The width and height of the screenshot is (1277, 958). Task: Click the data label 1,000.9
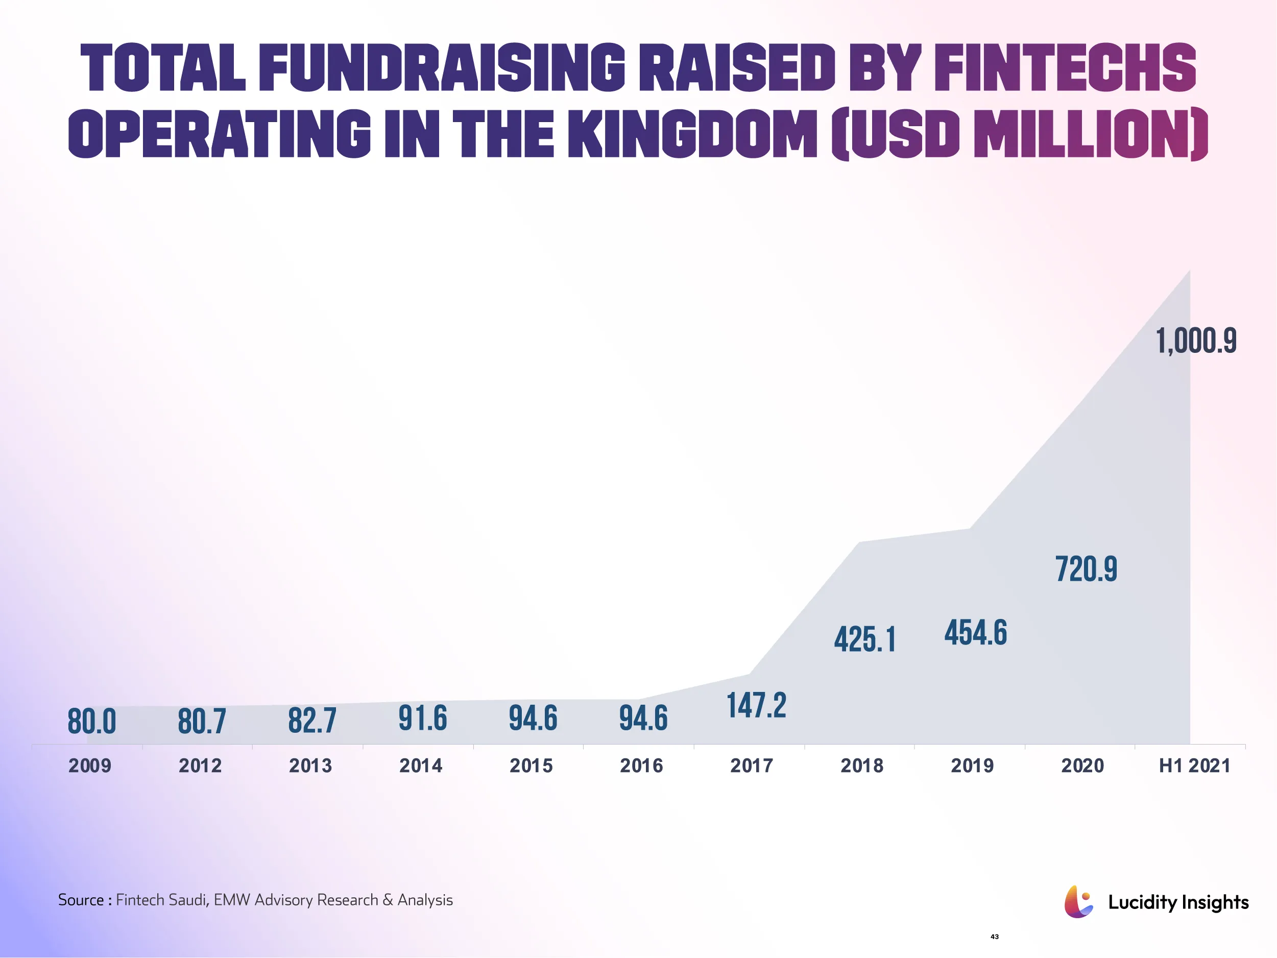(1196, 341)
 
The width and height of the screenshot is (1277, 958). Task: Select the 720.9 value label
(1086, 569)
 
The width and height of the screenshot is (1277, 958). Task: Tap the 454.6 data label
(976, 632)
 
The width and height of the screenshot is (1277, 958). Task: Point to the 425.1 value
(865, 640)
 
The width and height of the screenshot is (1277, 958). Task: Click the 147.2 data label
(756, 706)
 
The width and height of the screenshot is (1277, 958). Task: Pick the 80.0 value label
(92, 722)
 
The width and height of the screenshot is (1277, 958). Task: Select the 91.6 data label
(423, 719)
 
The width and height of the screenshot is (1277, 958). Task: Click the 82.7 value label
(312, 721)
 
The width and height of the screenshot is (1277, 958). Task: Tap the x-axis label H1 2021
(1194, 765)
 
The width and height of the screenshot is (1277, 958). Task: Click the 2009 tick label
(90, 765)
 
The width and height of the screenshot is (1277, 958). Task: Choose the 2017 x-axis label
(752, 765)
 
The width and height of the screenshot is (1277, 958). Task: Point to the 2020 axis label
(1082, 765)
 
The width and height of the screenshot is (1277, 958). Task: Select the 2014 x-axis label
(421, 765)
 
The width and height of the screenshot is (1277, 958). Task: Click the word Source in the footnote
(81, 900)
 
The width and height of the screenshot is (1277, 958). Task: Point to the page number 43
(994, 937)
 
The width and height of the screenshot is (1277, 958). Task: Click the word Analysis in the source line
(425, 900)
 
